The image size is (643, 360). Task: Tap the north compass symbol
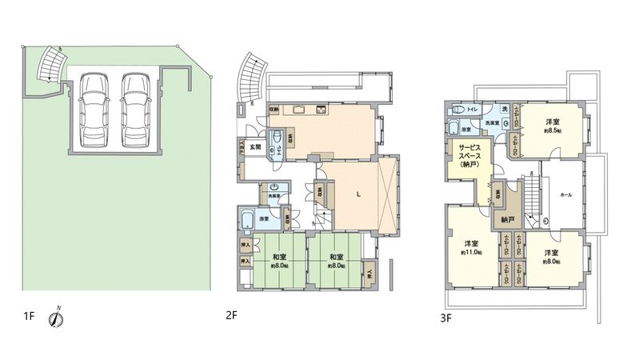pyautogui.click(x=57, y=318)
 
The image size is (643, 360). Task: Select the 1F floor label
pyautogui.click(x=29, y=317)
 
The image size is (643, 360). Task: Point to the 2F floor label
pyautogui.click(x=233, y=315)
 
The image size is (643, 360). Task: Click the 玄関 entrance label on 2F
pyautogui.click(x=256, y=146)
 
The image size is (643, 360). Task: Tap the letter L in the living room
pyautogui.click(x=357, y=194)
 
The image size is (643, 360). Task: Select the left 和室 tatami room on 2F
pyautogui.click(x=279, y=261)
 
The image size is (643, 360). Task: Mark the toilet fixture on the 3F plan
pyautogui.click(x=458, y=110)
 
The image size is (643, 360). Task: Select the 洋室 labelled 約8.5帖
pyautogui.click(x=553, y=126)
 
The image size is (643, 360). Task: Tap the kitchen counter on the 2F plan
pyautogui.click(x=300, y=110)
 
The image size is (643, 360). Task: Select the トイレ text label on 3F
pyautogui.click(x=474, y=108)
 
